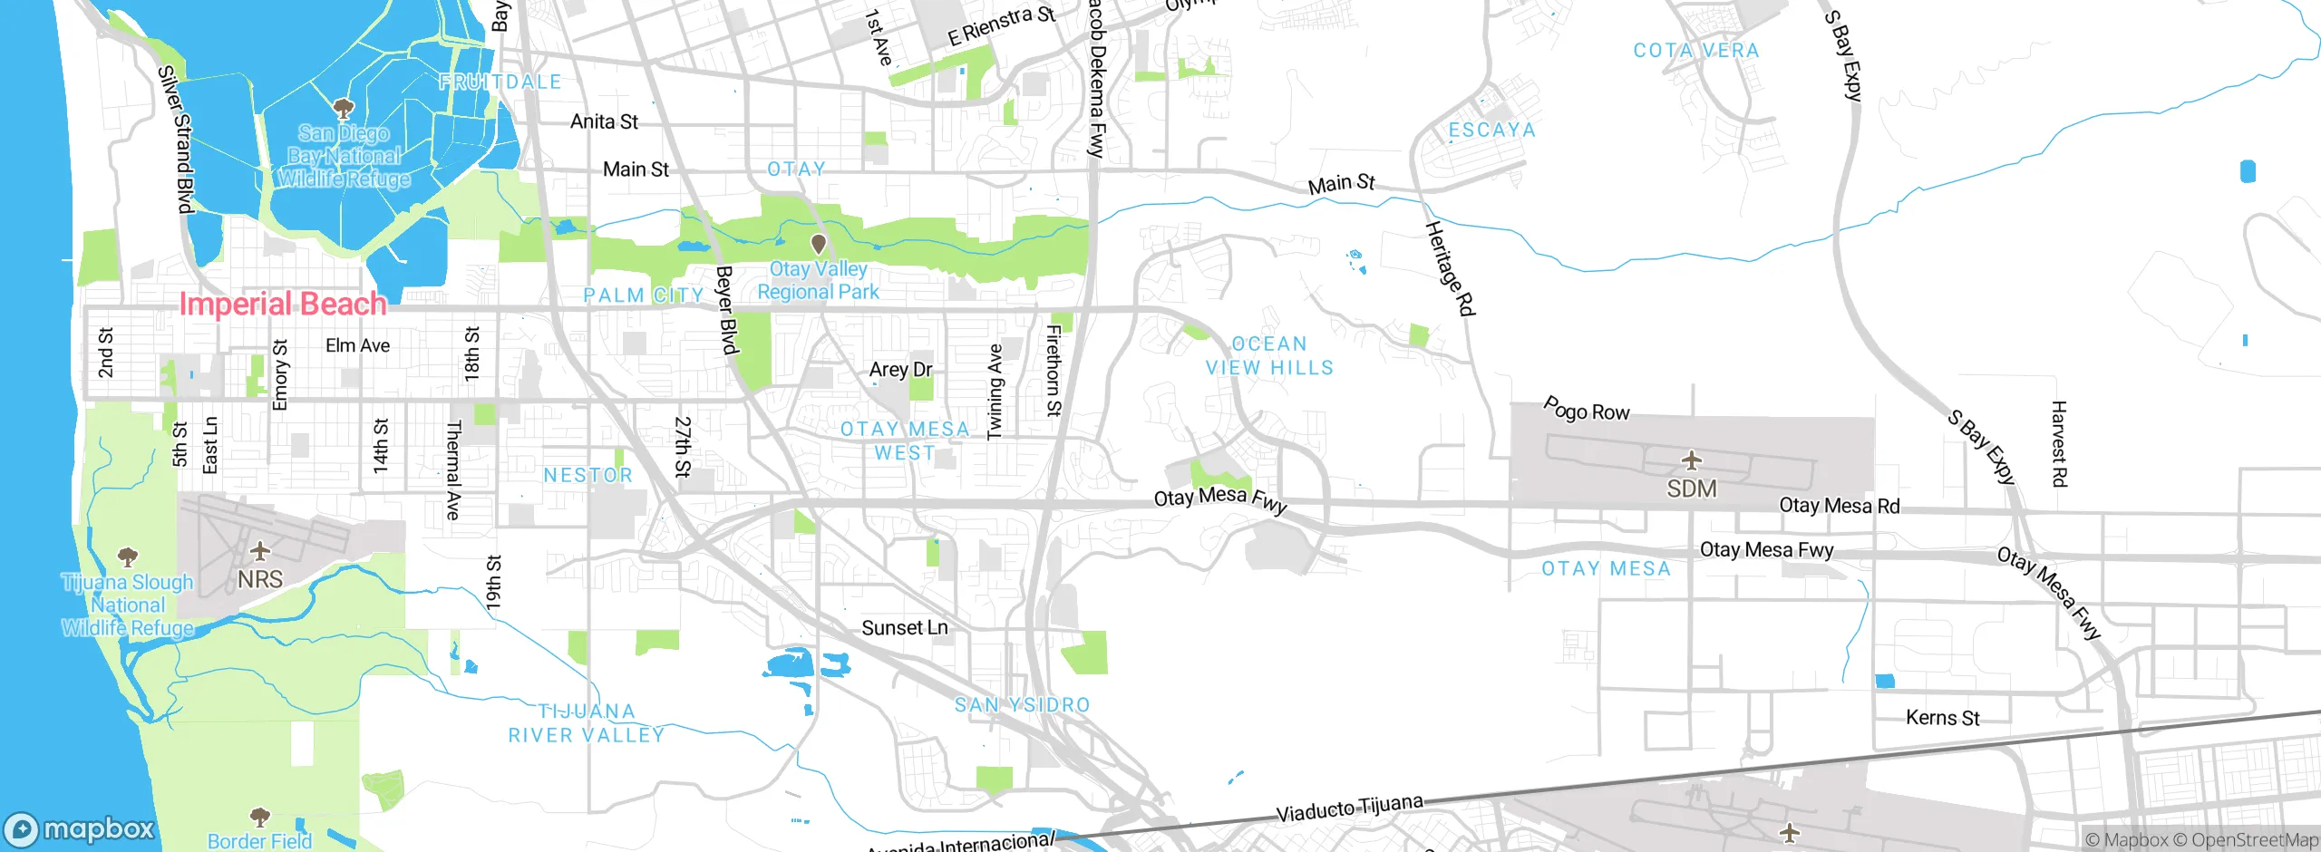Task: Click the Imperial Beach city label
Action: click(x=283, y=304)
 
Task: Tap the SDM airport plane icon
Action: click(x=1691, y=460)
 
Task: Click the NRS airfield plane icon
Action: click(x=260, y=551)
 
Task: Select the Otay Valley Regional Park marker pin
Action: click(x=818, y=244)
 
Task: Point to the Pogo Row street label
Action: click(x=1586, y=410)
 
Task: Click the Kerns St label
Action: click(x=1942, y=718)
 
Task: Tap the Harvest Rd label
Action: click(x=2058, y=444)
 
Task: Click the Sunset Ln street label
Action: click(x=904, y=628)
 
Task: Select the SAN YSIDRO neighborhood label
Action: click(x=1022, y=705)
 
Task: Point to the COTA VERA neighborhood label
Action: click(x=1695, y=51)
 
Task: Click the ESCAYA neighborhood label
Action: click(x=1491, y=131)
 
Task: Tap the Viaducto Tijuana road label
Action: click(x=1349, y=807)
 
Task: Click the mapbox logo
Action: click(x=80, y=829)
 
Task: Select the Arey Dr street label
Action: click(x=900, y=370)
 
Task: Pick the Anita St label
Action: click(x=604, y=121)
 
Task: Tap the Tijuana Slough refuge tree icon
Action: click(x=128, y=556)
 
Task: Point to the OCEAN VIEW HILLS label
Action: click(x=1269, y=356)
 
